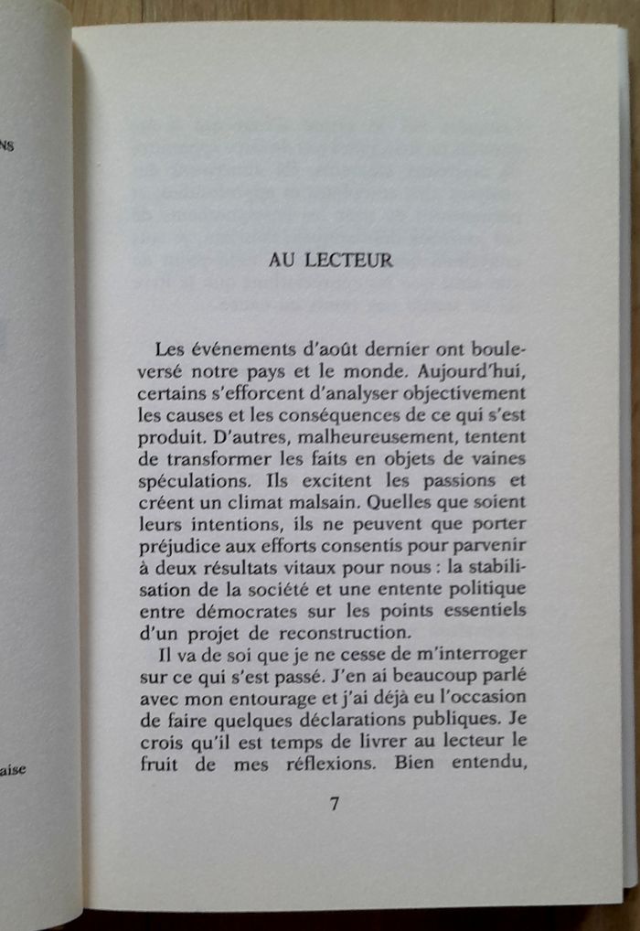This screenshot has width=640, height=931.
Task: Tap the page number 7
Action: (334, 804)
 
